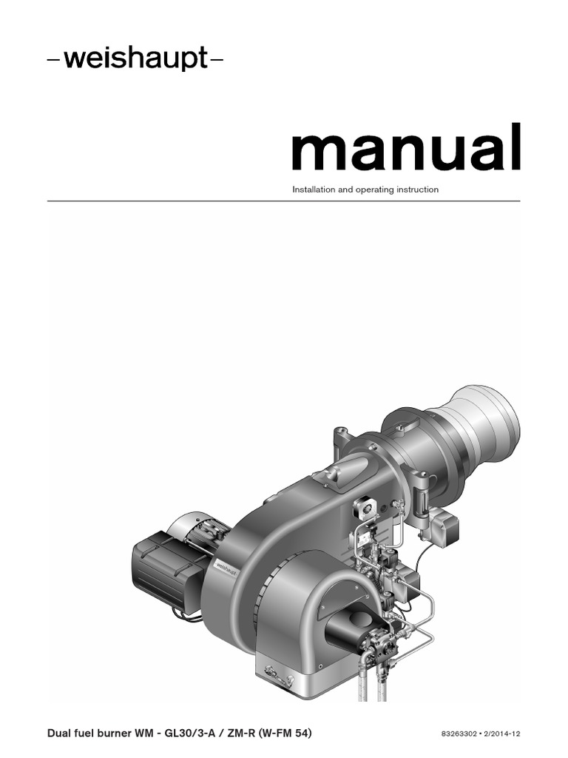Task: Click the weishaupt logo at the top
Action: (135, 59)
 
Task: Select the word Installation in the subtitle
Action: (314, 189)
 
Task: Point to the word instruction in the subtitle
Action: (418, 189)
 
